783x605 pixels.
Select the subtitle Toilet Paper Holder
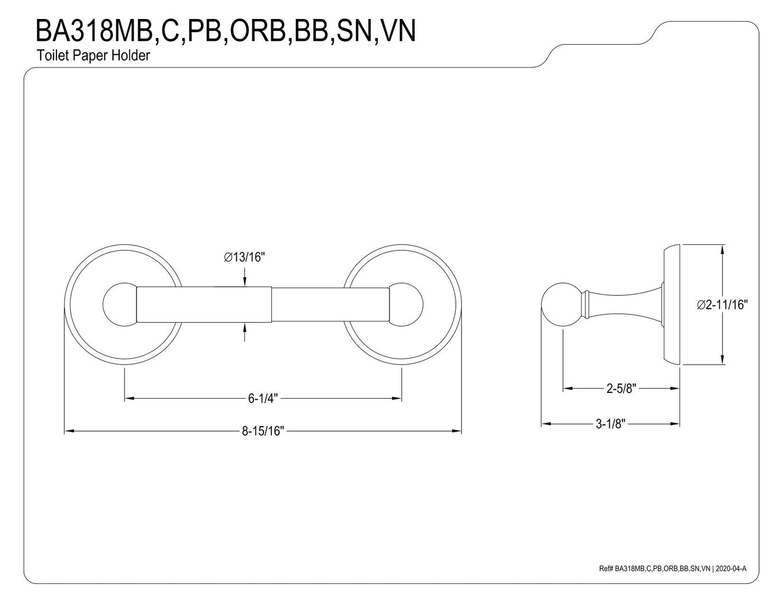point(93,56)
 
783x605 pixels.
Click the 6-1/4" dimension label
point(263,398)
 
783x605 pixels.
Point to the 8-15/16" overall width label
point(263,431)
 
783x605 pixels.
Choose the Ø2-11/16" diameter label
point(722,305)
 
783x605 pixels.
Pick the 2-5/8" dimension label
point(622,388)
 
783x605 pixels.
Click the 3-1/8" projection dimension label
point(610,424)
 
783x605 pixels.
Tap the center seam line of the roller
point(272,305)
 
